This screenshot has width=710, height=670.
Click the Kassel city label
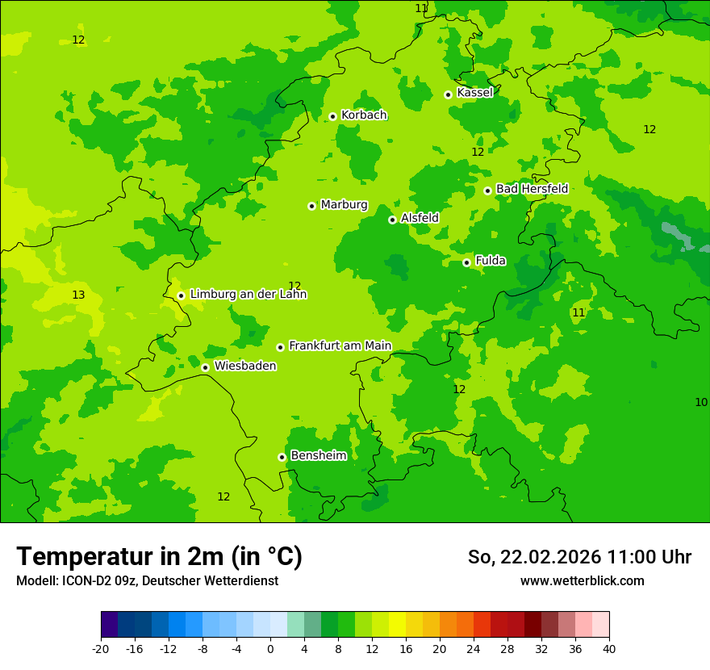[x=474, y=93]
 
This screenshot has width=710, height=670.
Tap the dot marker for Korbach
[x=332, y=116]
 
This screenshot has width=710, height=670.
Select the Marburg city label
[x=344, y=205]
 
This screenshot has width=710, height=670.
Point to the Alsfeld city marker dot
[x=392, y=220]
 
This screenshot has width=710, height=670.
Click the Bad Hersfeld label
[x=532, y=189]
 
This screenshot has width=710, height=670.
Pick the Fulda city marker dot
[x=466, y=262]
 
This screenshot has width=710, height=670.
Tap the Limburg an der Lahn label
[x=248, y=295]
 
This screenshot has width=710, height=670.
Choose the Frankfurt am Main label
[x=340, y=346]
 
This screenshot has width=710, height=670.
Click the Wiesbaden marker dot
[x=205, y=367]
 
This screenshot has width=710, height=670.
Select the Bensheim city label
[x=318, y=456]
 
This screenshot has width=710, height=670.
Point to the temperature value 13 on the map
[x=78, y=295]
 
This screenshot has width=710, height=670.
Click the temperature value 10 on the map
[x=701, y=402]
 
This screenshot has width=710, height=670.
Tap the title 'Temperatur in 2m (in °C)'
[x=159, y=557]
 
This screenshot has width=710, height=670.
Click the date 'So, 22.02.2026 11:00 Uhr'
[x=579, y=557]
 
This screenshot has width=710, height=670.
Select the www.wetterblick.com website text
[x=582, y=581]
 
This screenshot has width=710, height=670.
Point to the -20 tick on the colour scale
[x=101, y=649]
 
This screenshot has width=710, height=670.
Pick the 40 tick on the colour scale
[x=609, y=649]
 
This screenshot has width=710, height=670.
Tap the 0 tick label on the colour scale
[x=270, y=649]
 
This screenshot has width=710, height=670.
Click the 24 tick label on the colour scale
[x=474, y=649]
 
